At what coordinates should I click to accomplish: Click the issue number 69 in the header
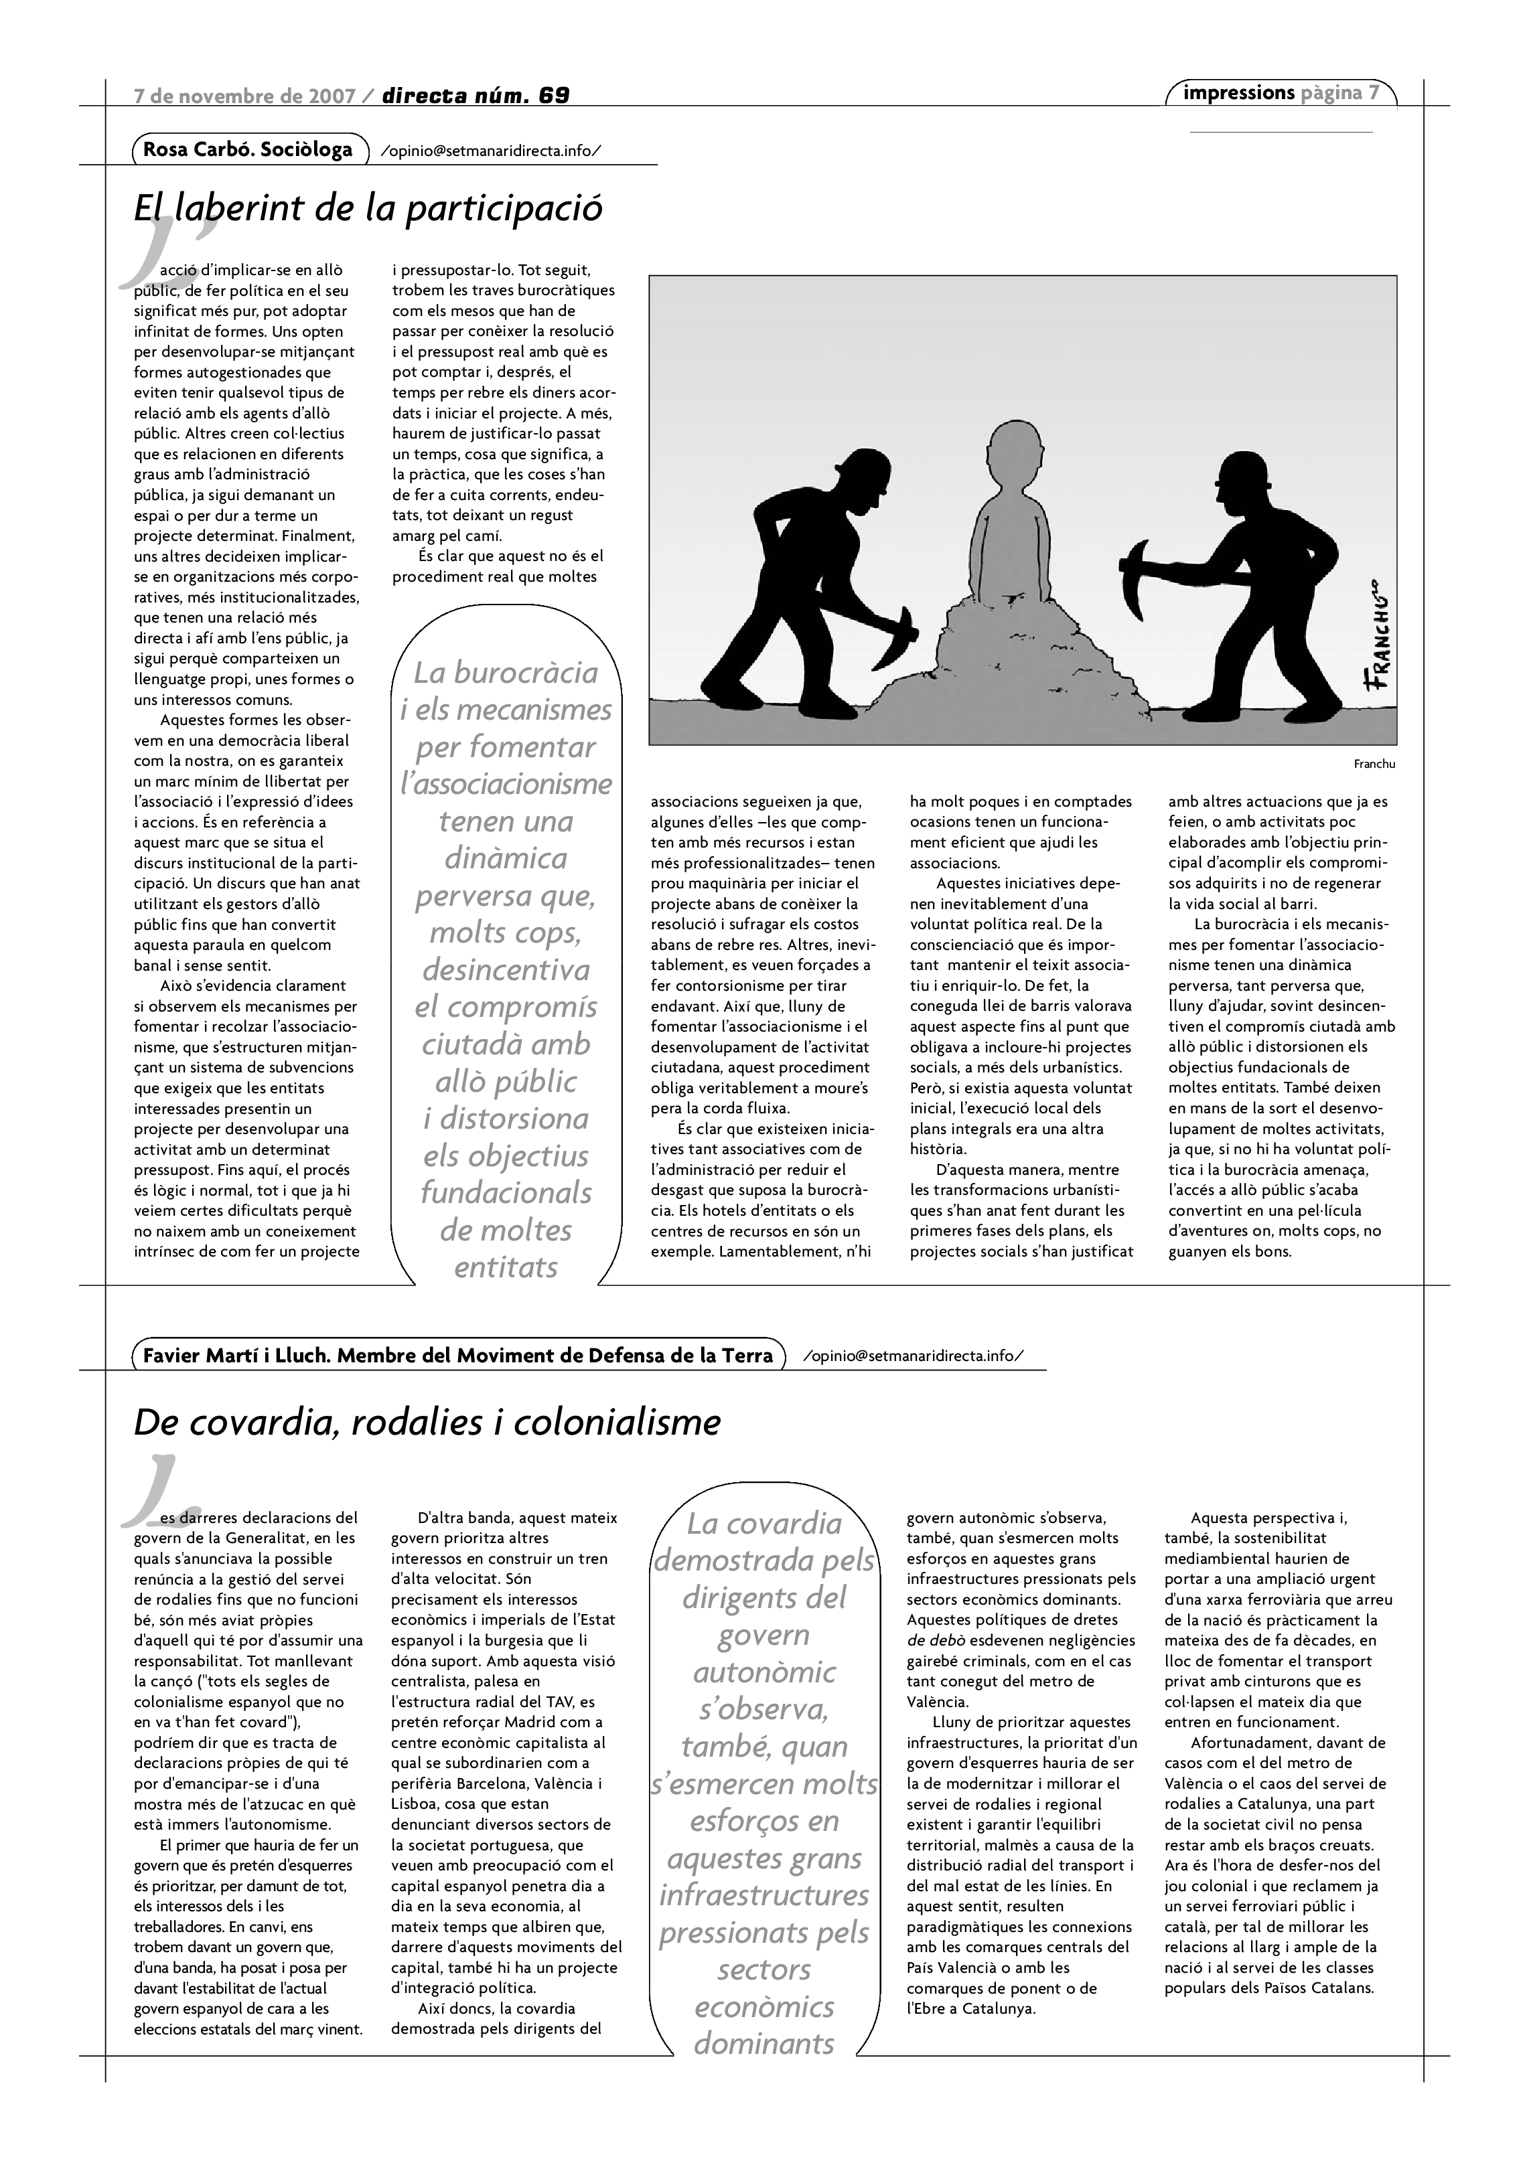click(x=555, y=95)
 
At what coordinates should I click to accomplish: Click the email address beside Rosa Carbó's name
click(x=489, y=151)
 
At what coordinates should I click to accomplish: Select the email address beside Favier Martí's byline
click(x=912, y=1356)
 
